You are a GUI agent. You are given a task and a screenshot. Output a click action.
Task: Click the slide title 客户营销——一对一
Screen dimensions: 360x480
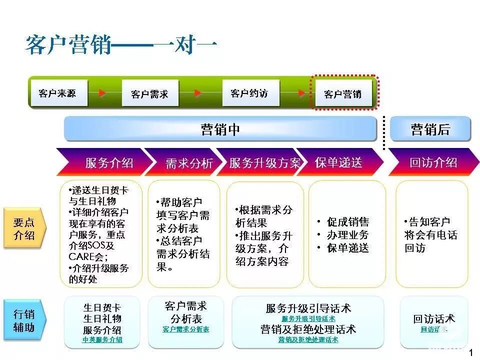121,45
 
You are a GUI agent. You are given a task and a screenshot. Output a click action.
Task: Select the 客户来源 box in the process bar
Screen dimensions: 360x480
57,93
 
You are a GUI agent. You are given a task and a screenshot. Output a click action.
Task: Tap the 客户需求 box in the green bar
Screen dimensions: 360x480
149,94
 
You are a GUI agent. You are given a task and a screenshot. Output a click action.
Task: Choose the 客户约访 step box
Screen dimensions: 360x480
249,93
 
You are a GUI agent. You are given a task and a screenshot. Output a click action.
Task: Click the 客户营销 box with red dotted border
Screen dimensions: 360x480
343,94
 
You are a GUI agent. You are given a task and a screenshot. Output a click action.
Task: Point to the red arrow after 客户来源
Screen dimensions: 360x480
102,93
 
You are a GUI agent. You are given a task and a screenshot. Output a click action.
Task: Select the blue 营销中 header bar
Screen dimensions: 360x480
220,129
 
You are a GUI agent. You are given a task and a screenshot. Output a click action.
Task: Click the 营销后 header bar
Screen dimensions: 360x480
430,129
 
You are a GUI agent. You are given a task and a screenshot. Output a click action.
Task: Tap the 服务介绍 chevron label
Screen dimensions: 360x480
109,163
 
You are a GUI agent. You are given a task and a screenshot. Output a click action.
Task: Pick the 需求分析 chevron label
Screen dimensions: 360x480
189,163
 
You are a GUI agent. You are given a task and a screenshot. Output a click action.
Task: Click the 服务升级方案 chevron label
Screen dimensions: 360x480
265,163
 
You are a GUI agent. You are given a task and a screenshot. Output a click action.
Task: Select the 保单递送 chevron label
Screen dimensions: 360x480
338,162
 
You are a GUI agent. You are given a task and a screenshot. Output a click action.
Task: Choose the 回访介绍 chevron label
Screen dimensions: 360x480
433,162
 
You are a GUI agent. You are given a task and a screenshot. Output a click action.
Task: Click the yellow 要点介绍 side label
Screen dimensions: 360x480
24,229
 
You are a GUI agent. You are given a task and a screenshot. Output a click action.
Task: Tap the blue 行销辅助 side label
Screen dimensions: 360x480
24,321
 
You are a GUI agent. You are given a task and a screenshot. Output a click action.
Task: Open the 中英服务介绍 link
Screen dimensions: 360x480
102,340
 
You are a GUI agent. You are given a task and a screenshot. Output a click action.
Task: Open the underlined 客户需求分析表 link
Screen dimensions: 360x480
185,329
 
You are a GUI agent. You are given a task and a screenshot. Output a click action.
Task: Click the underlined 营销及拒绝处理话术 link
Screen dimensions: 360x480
308,340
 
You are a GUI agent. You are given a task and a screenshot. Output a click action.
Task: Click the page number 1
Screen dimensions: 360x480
470,353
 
